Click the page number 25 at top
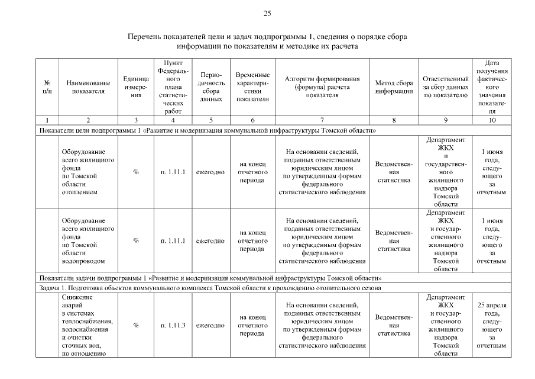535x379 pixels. [267, 13]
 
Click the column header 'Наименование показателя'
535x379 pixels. [88, 87]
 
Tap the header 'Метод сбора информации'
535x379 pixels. [394, 87]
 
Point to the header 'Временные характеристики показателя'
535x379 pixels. [252, 87]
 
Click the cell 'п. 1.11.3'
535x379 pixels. [173, 325]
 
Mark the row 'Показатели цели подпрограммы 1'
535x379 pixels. [207, 130]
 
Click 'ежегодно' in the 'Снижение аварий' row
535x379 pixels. [210, 325]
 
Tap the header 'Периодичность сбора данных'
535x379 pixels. [210, 87]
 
